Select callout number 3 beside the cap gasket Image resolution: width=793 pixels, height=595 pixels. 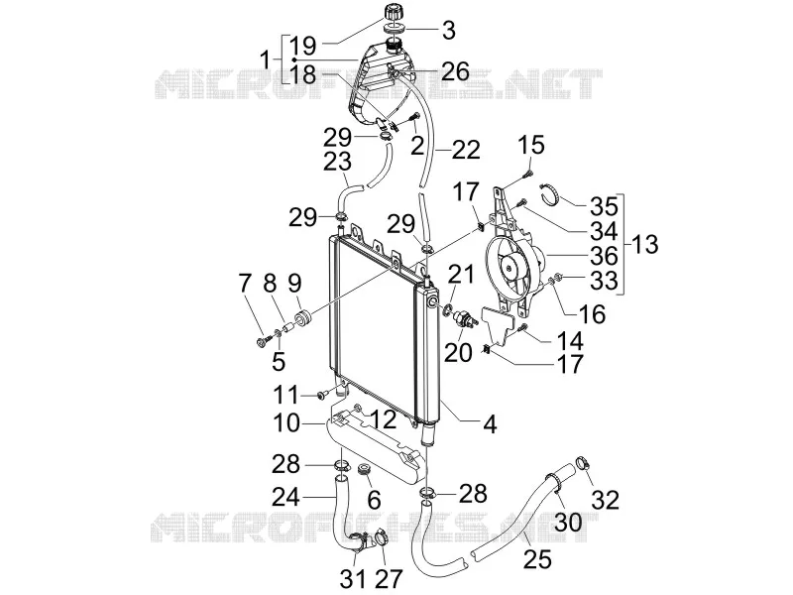point(449,30)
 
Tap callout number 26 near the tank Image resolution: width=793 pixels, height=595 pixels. point(455,71)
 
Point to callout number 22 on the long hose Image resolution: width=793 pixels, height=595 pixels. point(465,150)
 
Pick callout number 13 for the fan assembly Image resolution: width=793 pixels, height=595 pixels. point(644,244)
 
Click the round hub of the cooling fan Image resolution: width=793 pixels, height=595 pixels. point(508,265)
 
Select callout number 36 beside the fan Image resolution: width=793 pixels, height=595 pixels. point(604,256)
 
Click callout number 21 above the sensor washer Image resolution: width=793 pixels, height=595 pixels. point(460,275)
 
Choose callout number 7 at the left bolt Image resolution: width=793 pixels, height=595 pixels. point(245,284)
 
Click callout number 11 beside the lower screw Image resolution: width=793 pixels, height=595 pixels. point(286,395)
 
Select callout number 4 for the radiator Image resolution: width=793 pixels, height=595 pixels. point(490,424)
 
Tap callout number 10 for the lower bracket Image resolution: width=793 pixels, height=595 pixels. point(286,423)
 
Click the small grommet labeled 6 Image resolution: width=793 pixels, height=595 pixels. point(364,469)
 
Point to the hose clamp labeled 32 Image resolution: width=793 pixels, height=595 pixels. point(583,462)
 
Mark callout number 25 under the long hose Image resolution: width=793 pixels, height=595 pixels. point(537,559)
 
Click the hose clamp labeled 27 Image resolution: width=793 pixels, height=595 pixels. point(379,536)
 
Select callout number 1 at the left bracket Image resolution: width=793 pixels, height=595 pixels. point(265,60)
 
